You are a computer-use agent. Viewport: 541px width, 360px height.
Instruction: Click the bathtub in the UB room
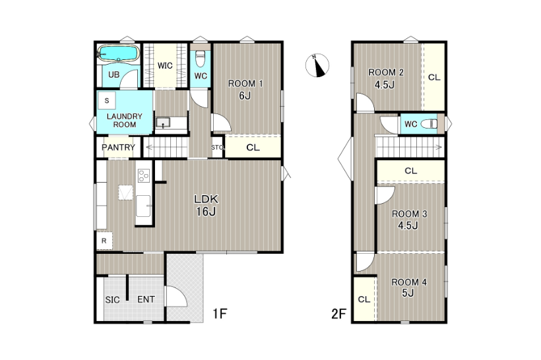click(x=118, y=54)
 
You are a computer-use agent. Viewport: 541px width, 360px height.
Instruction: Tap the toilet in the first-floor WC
click(x=201, y=59)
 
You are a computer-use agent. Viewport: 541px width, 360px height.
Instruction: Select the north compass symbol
click(x=317, y=65)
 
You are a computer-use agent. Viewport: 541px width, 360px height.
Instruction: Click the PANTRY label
click(x=118, y=147)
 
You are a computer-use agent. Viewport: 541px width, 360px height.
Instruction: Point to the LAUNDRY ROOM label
click(x=125, y=121)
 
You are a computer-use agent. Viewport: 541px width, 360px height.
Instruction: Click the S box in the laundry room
click(x=107, y=101)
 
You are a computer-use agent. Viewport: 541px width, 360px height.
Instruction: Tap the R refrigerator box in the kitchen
click(x=104, y=241)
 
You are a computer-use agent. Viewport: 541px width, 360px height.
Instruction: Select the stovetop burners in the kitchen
click(x=144, y=175)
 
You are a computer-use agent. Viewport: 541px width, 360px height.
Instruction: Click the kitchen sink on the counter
click(x=143, y=206)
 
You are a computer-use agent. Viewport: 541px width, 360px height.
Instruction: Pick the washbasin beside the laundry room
click(x=163, y=122)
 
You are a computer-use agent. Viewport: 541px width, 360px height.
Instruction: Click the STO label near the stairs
click(x=217, y=147)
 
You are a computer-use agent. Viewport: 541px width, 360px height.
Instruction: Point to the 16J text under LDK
click(x=206, y=212)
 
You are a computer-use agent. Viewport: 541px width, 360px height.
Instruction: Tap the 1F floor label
click(x=220, y=313)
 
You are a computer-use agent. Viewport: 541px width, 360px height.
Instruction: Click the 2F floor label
click(x=338, y=314)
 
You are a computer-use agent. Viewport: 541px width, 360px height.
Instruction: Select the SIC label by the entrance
click(x=112, y=300)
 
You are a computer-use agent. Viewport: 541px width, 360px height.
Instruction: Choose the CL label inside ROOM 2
click(x=434, y=77)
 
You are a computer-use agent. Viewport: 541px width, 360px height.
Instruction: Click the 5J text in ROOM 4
click(x=408, y=293)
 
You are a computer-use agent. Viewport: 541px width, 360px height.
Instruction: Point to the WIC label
click(x=165, y=65)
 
